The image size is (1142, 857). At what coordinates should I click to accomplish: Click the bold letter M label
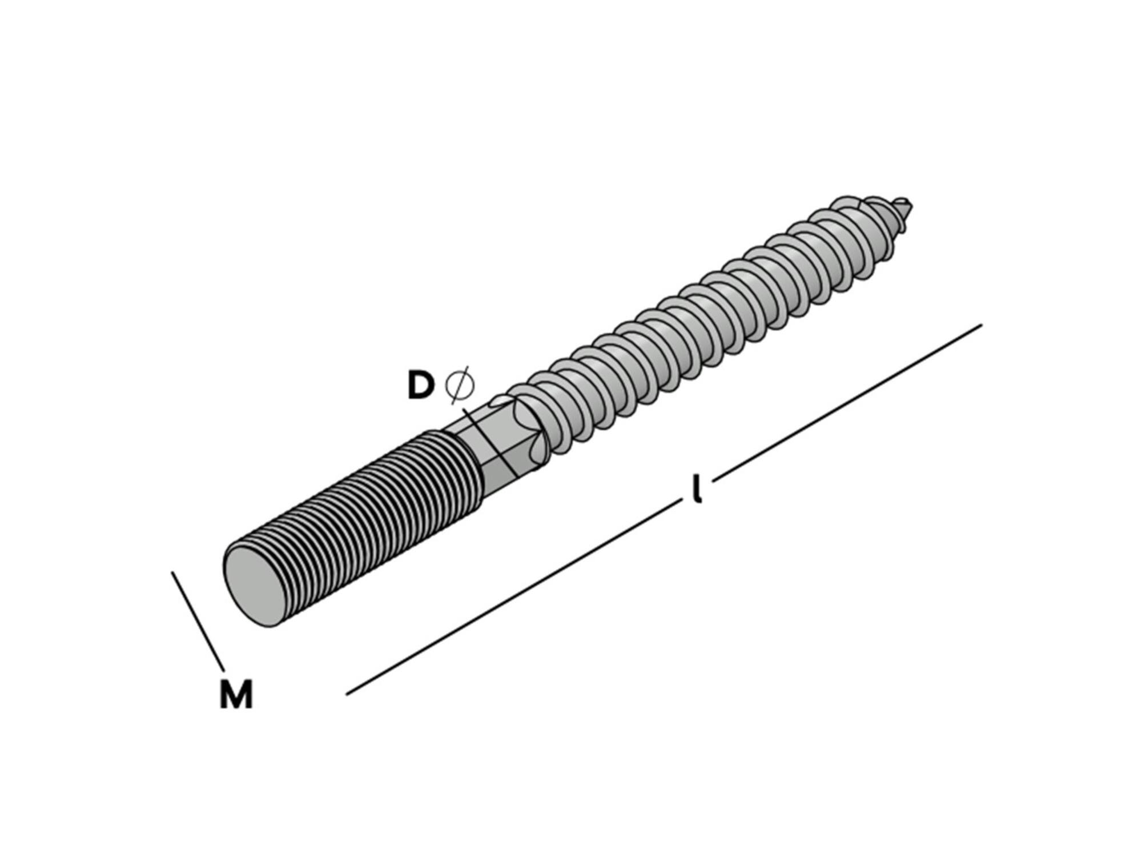click(x=236, y=695)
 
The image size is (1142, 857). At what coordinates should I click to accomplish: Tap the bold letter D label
click(x=421, y=385)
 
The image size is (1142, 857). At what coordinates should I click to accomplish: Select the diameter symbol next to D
click(x=459, y=386)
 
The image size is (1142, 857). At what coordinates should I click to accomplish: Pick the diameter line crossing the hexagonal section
click(x=489, y=442)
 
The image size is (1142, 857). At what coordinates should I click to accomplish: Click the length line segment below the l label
click(x=514, y=598)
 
